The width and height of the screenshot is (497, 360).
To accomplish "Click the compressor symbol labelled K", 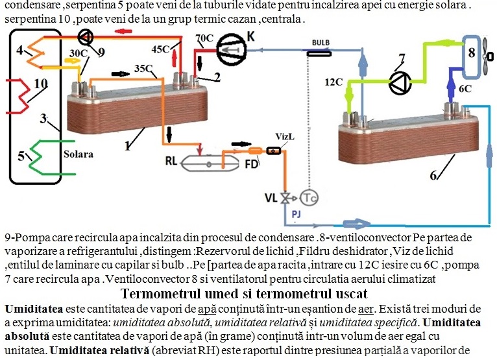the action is (x=232, y=49).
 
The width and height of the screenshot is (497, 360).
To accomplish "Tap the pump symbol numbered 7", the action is (x=400, y=83).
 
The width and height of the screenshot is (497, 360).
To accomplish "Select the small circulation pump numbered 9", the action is (x=85, y=38).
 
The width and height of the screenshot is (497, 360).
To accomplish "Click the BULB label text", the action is (x=321, y=42).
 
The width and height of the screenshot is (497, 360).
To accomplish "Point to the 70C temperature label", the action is (x=204, y=38).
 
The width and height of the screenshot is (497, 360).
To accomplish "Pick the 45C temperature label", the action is (x=161, y=49).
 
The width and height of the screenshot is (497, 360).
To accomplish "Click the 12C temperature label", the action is (x=333, y=82).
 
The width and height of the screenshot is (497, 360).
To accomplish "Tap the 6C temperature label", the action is (x=465, y=89).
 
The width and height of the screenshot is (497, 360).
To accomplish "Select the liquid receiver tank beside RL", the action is (x=210, y=163).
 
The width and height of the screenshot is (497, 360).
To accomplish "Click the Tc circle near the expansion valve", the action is (x=309, y=198).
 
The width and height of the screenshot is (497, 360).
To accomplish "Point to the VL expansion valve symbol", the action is (x=285, y=198).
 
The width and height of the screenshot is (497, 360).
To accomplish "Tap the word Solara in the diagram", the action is (x=79, y=154).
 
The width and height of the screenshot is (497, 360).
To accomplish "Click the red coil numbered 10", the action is (x=19, y=96).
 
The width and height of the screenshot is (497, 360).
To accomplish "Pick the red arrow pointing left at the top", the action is (x=123, y=31).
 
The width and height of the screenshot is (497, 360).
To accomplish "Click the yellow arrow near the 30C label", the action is (x=71, y=61).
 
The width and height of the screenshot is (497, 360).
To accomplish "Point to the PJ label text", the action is (x=296, y=214).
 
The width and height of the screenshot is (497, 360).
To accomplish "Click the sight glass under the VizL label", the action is (x=274, y=151).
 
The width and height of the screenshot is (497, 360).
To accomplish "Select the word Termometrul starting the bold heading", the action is (x=162, y=294).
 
